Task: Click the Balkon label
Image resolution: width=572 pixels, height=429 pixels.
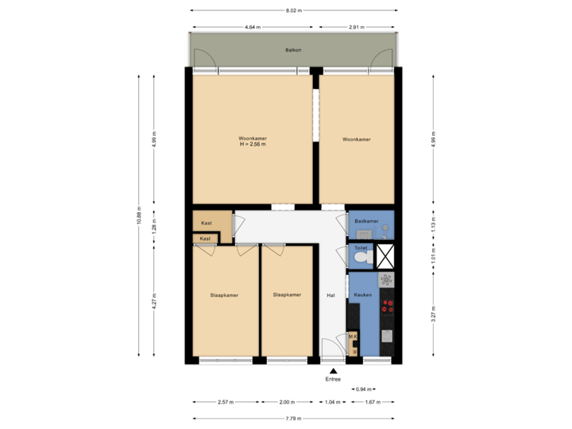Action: tap(292, 50)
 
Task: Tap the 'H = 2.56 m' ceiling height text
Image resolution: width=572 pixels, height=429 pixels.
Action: tap(253, 144)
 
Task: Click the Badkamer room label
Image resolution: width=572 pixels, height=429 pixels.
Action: tap(366, 220)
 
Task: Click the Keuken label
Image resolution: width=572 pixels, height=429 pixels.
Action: tap(363, 295)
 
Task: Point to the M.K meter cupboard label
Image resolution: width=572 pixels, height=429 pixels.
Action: tap(354, 337)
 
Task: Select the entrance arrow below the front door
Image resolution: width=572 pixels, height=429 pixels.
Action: tap(334, 369)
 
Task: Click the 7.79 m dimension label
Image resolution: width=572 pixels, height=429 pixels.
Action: tap(294, 419)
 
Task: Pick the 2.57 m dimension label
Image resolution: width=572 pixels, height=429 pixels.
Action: tap(226, 403)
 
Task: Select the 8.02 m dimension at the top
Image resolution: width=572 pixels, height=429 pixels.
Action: tap(294, 10)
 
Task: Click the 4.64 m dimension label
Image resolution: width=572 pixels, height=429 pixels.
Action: tap(253, 28)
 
